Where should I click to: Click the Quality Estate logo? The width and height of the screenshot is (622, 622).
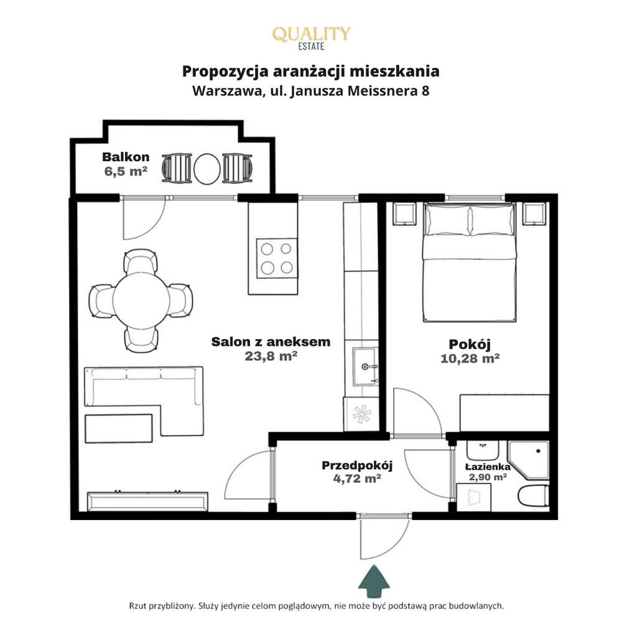click(x=311, y=37)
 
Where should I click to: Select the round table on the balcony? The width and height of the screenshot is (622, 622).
click(x=207, y=168)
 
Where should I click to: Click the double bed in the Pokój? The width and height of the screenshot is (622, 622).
click(x=470, y=264)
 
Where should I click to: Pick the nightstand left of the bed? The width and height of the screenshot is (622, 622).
click(x=403, y=214)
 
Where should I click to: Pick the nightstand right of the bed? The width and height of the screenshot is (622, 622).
click(x=534, y=214)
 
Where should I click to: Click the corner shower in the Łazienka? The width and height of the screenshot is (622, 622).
click(x=529, y=460)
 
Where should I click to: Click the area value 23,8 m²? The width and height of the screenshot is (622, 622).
click(x=271, y=356)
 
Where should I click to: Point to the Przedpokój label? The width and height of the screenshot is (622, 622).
click(x=357, y=465)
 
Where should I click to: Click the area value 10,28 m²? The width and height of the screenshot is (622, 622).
click(x=470, y=358)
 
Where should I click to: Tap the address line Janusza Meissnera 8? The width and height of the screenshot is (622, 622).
click(x=311, y=91)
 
